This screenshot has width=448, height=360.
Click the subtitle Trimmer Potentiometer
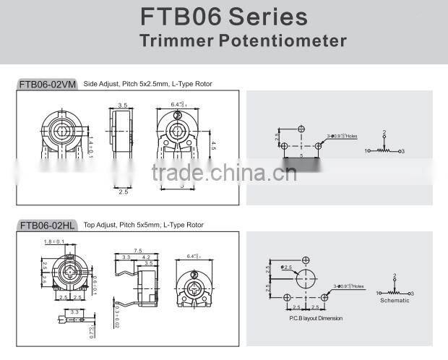pyautogui.click(x=243, y=40)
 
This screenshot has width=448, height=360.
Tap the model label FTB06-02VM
pyautogui.click(x=48, y=85)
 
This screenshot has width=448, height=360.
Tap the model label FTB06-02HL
pyautogui.click(x=48, y=226)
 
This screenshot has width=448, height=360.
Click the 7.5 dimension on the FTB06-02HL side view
pyautogui.click(x=137, y=250)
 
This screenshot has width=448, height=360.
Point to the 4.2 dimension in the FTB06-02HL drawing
pyautogui.click(x=145, y=257)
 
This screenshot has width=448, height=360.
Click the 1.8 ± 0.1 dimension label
pyautogui.click(x=54, y=241)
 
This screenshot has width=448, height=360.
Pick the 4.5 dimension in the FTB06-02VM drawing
pyautogui.click(x=213, y=145)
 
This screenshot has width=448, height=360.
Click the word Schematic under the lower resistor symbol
pyautogui.click(x=395, y=301)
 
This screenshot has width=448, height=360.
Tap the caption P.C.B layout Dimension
pyautogui.click(x=316, y=318)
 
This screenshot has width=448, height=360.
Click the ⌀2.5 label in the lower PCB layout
pyautogui.click(x=287, y=267)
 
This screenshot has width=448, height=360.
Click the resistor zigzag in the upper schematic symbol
pyautogui.click(x=384, y=150)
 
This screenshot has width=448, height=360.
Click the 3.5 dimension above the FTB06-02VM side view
pyautogui.click(x=123, y=106)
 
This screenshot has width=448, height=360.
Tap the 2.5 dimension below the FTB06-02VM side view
pyautogui.click(x=123, y=192)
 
